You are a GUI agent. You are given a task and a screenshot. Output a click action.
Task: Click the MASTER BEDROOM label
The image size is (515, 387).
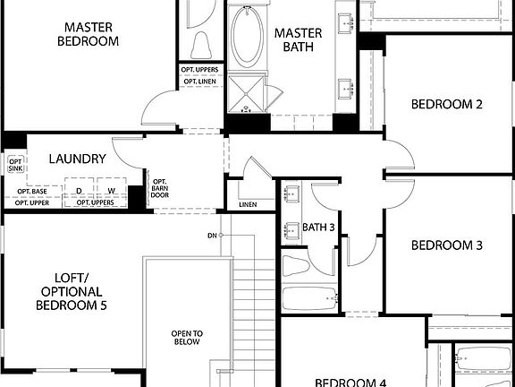coord(88,34)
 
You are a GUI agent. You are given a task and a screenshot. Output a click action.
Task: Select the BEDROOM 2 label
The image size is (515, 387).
coord(447,105)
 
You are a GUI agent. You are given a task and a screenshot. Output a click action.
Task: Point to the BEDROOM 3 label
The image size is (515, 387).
coord(447,245)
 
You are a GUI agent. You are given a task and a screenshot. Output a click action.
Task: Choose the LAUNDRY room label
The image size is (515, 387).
coord(78,159)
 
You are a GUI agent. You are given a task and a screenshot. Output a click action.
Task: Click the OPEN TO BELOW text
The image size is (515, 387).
coord(187,338)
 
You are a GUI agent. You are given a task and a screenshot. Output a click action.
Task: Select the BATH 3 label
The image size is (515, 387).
coord(318,228)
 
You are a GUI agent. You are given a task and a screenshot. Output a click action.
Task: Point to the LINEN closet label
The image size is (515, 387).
coord(248,205)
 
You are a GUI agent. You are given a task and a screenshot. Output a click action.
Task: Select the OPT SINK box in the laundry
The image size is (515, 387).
coord(15,164)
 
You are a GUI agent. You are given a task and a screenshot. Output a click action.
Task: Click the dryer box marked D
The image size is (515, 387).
coord(79,191)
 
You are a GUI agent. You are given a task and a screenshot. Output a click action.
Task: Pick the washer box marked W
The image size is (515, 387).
coord(113,191)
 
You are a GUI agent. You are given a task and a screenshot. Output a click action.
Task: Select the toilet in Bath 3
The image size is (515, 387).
coord(295,265)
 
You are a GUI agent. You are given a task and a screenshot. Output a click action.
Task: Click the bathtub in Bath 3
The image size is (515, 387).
coord(309,298)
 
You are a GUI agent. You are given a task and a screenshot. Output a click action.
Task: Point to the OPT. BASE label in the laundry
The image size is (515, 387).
coord(32,191)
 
